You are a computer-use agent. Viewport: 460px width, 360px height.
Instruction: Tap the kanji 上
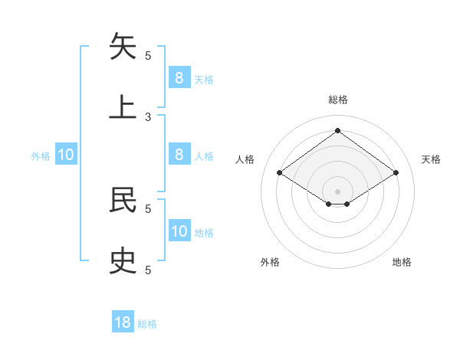point(123,106)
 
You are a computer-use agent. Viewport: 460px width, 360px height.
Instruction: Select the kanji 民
point(123,199)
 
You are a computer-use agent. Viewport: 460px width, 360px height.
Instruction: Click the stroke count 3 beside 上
point(148,116)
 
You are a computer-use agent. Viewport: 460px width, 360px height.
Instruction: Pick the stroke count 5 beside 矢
point(148,55)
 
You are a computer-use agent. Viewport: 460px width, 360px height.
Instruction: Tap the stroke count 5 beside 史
point(148,270)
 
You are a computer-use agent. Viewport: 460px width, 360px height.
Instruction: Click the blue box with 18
point(123,322)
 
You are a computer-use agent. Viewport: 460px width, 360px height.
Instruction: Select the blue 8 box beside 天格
point(179,77)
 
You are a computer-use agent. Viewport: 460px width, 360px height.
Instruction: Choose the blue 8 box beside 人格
point(179,154)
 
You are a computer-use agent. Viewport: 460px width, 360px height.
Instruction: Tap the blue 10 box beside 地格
point(179,231)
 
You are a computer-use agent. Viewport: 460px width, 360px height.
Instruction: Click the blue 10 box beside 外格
point(66,155)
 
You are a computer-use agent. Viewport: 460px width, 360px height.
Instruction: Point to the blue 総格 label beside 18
point(147,324)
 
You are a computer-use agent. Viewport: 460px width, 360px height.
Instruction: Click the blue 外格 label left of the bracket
point(41,156)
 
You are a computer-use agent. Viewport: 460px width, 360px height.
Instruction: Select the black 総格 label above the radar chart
point(338,100)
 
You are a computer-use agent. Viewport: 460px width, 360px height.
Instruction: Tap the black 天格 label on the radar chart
point(432,159)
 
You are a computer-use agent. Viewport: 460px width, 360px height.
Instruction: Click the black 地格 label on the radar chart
point(402,262)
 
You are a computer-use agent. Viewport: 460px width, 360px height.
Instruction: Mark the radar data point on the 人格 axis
point(280,173)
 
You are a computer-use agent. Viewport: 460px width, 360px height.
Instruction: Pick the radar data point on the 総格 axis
point(337,131)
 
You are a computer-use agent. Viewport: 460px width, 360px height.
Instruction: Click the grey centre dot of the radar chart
point(337,190)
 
